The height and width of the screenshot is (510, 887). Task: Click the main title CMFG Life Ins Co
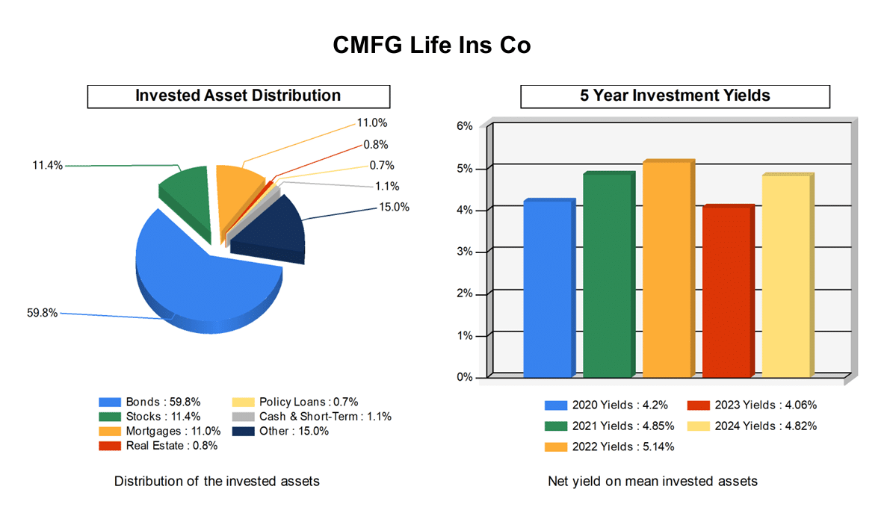[x=431, y=46]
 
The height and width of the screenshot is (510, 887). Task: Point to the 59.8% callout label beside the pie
[x=42, y=313]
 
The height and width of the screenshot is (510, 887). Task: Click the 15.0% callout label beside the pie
[x=394, y=208]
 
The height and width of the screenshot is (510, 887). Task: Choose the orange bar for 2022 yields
[x=667, y=269]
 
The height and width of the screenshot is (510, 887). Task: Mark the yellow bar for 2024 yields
[x=787, y=276]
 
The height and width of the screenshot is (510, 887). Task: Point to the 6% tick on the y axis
[x=465, y=126]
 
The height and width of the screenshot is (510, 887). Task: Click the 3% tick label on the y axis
[x=465, y=252]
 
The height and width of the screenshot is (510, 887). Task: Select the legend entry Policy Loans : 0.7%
[x=297, y=402]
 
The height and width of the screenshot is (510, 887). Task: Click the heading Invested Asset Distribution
[x=238, y=96]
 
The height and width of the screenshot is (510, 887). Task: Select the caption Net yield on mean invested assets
[x=652, y=482]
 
